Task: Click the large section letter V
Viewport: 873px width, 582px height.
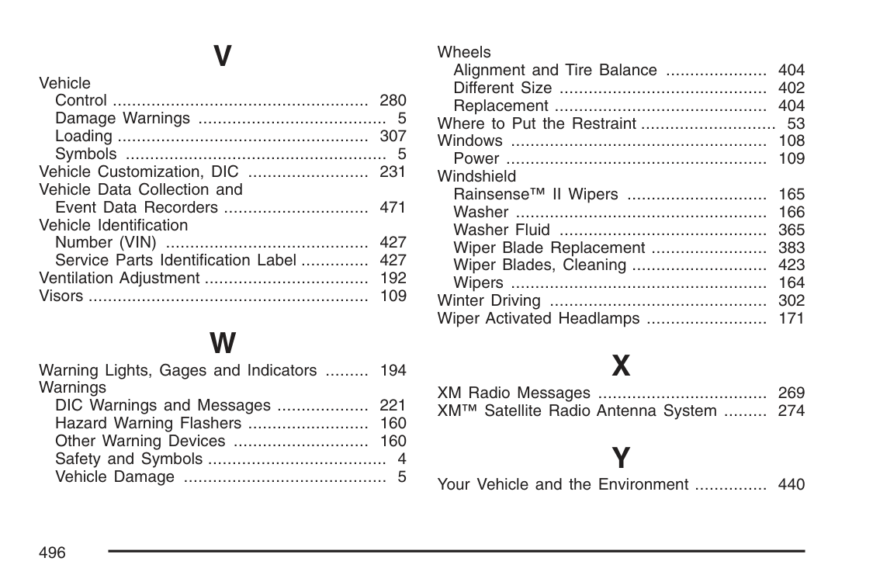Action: coord(222,56)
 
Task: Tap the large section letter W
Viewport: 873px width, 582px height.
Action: coord(223,343)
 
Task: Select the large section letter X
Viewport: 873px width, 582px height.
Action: coord(621,366)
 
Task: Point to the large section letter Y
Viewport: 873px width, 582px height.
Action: coord(621,458)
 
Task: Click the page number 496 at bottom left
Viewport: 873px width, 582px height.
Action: coord(52,553)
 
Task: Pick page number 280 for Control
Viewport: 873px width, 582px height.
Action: coord(393,100)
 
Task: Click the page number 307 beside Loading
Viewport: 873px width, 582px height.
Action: coord(393,136)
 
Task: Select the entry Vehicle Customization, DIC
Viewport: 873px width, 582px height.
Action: coord(139,171)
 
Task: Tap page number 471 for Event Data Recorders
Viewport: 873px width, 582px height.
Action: coord(393,207)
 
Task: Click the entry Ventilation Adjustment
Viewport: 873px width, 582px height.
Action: coord(120,278)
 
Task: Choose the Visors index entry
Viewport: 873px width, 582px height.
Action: coord(61,296)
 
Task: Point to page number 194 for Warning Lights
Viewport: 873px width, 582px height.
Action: coord(393,370)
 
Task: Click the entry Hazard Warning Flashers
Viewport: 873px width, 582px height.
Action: coord(148,423)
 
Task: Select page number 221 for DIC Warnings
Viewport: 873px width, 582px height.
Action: coord(393,405)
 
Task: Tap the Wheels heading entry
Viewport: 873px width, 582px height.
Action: coord(464,52)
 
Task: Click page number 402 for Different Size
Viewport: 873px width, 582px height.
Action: coord(792,88)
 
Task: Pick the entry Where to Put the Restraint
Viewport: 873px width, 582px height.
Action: coord(537,123)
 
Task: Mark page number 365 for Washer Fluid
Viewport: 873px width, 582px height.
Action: coord(792,230)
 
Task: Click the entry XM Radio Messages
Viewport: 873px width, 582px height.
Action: coord(514,393)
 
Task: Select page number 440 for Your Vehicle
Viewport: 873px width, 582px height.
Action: coord(792,484)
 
